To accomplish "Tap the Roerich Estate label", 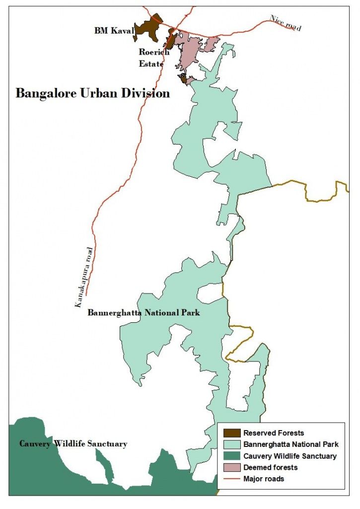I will coord(153,58).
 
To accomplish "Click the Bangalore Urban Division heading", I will coord(92,93).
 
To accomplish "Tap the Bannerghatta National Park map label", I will coord(144,313).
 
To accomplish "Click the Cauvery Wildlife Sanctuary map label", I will coord(73,443).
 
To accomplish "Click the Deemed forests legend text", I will coord(270,467).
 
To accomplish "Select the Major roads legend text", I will coord(264,479).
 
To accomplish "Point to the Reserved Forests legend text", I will coord(273,433).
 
